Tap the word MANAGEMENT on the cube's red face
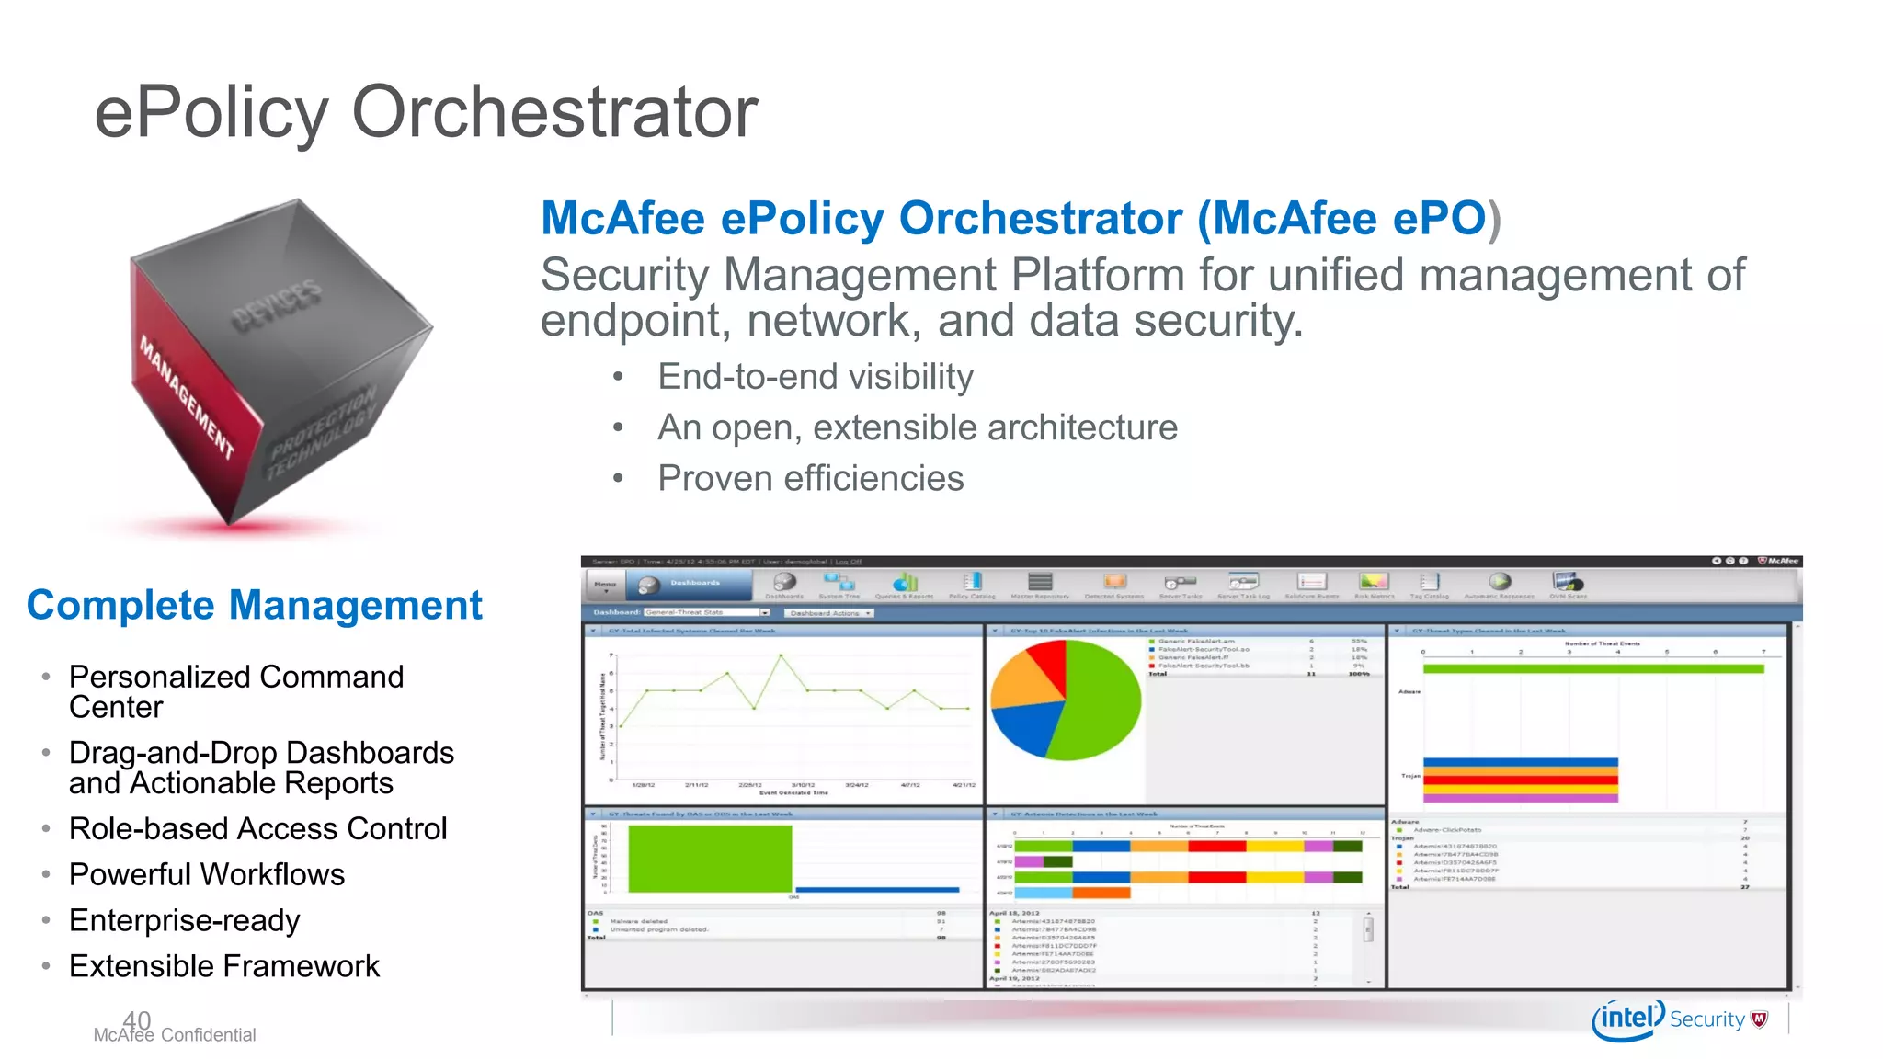(187, 397)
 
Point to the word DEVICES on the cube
(276, 305)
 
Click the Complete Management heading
(254, 605)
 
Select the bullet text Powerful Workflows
(207, 874)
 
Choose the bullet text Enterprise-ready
(185, 920)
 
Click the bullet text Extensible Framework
(224, 966)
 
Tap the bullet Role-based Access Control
(258, 828)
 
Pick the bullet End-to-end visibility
(815, 377)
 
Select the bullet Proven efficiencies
(810, 478)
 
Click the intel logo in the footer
(1627, 1019)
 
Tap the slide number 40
(136, 1019)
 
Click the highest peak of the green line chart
(781, 655)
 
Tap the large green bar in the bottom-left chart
(710, 858)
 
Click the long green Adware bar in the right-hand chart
(1592, 669)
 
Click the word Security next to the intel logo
(1706, 1019)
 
